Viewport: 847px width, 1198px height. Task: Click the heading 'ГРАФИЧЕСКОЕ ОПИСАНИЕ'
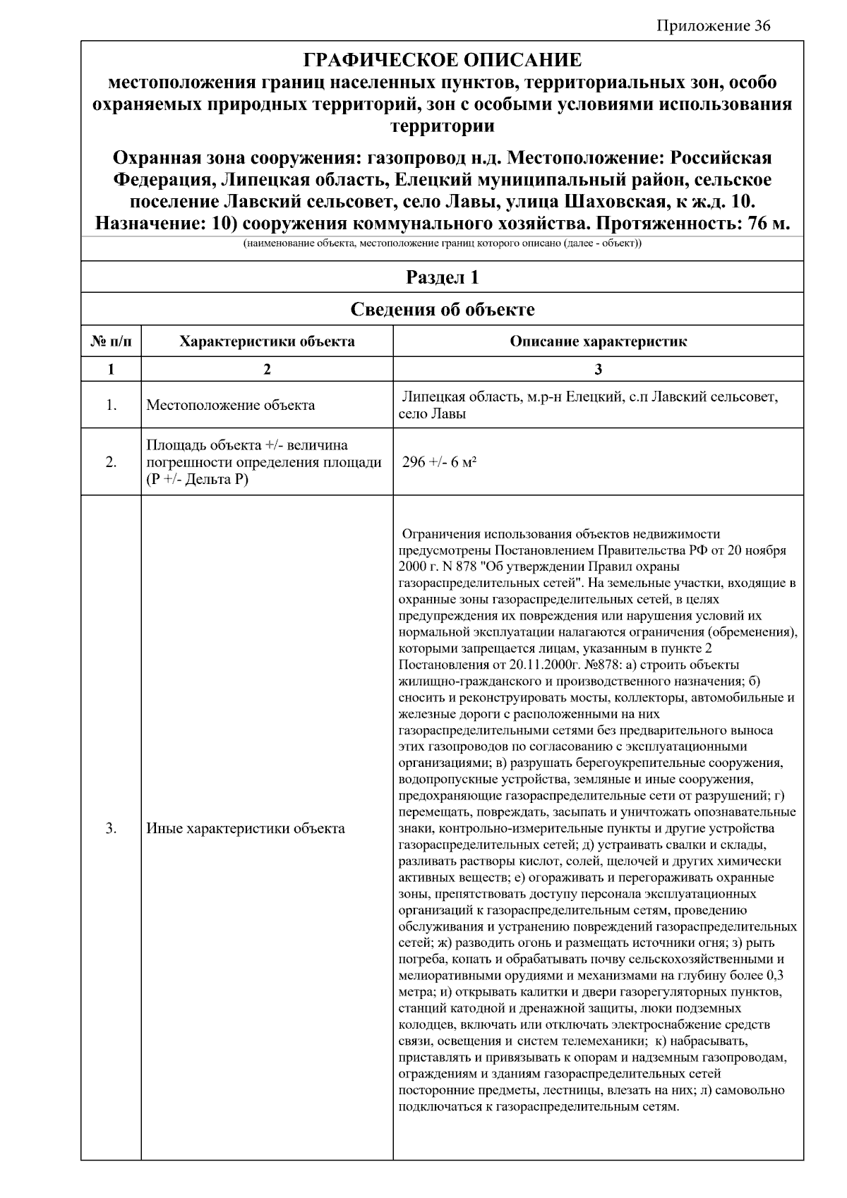tap(442, 60)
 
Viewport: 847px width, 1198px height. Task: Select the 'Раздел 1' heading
tap(442, 277)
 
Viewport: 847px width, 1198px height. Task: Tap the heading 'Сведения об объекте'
tap(442, 309)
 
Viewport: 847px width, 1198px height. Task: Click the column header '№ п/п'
tap(111, 342)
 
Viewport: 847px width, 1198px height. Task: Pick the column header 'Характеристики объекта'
tap(267, 342)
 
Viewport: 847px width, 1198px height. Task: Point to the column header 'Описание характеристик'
tap(598, 342)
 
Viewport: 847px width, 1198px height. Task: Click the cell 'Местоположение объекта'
tap(230, 406)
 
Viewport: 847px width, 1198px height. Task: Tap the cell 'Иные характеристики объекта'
tap(245, 828)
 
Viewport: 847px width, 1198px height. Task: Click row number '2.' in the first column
tap(111, 462)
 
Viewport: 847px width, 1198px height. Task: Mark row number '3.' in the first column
tap(111, 828)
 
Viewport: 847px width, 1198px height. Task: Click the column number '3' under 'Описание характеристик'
tap(598, 369)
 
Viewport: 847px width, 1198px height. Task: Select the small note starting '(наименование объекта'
tap(442, 244)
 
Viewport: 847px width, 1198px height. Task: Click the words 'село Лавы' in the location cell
tap(431, 414)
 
